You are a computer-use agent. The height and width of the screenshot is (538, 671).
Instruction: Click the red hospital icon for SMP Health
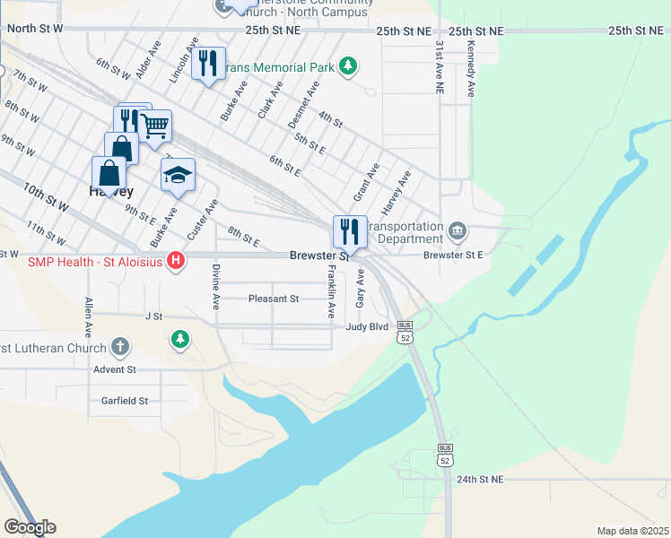[177, 261]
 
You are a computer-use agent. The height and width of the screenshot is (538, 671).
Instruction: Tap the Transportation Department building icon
[457, 233]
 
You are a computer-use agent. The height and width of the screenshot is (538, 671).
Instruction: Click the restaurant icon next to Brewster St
[350, 232]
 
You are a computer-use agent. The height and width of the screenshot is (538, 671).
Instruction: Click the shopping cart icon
[155, 126]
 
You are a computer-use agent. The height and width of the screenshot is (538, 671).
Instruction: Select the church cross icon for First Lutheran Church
[120, 347]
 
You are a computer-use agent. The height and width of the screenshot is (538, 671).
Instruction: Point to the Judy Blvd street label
[367, 327]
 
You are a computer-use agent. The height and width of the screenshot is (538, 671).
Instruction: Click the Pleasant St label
[274, 299]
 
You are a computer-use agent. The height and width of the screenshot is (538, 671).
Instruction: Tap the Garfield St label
[125, 401]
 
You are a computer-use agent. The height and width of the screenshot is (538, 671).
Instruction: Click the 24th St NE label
[482, 481]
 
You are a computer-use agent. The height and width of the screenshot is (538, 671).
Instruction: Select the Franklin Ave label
[331, 292]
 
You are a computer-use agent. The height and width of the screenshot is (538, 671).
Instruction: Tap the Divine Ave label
[216, 287]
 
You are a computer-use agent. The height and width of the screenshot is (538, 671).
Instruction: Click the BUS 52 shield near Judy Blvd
[405, 332]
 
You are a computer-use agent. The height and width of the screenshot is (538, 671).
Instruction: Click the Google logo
[30, 526]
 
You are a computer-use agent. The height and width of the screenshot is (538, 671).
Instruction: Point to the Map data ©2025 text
[632, 531]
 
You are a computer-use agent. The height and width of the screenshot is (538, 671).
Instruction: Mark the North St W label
[35, 29]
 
